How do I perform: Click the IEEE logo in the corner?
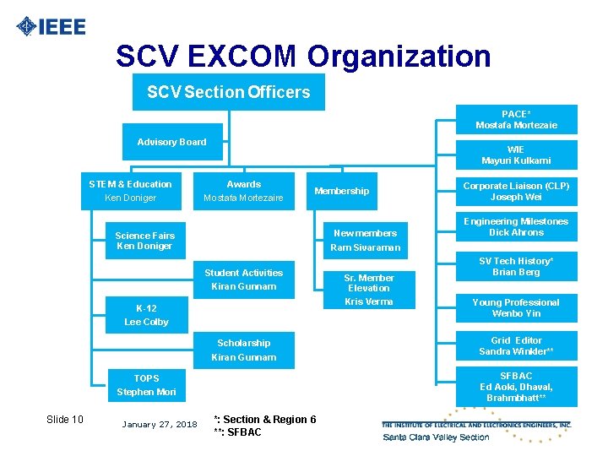[x=51, y=26]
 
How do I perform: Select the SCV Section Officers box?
[x=228, y=92]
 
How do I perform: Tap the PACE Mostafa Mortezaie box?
[x=516, y=120]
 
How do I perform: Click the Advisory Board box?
[x=171, y=142]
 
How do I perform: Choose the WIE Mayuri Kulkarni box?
[x=516, y=155]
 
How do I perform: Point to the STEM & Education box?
[x=130, y=192]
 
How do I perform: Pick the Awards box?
[x=243, y=192]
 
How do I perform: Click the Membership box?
[x=341, y=192]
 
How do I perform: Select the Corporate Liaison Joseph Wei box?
[x=516, y=192]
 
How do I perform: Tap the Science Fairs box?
[x=144, y=241]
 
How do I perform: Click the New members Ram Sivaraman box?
[x=365, y=241]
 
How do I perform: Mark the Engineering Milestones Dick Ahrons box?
[x=516, y=227]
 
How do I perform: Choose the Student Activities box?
[x=243, y=280]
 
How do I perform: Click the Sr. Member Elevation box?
[x=369, y=288]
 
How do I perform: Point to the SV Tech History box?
[x=516, y=267]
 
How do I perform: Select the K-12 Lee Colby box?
[x=146, y=315]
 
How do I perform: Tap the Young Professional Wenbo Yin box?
[x=516, y=308]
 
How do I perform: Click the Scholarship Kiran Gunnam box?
[x=243, y=350]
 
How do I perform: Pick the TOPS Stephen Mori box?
[x=146, y=385]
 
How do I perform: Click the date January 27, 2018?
[x=160, y=424]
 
